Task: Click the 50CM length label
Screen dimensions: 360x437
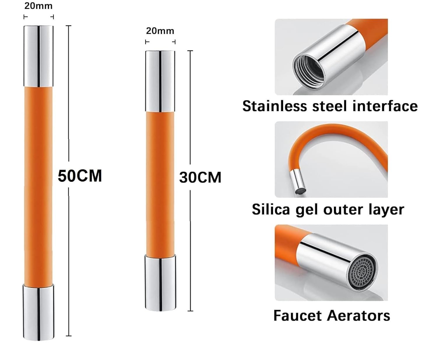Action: tap(80, 176)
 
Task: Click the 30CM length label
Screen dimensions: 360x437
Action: tap(200, 177)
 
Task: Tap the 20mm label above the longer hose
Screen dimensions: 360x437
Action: tap(38, 6)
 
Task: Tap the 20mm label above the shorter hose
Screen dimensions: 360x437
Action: tap(160, 31)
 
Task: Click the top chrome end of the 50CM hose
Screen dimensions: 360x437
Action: tap(38, 56)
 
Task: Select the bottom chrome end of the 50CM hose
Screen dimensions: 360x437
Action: tap(38, 312)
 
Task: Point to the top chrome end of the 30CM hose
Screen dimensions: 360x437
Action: tap(160, 81)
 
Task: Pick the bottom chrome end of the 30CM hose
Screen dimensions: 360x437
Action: tap(160, 282)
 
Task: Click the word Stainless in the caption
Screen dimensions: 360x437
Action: tap(275, 106)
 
